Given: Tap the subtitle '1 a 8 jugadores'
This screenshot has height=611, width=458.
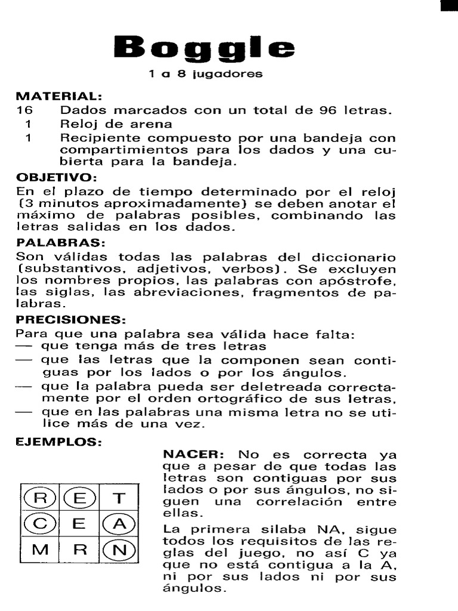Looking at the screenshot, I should point(205,75).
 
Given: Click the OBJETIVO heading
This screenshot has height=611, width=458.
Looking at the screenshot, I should point(55,178).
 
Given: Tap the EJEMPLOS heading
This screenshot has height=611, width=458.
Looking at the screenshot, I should point(58,443).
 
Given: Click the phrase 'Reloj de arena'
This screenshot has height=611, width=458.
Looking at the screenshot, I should point(116,124).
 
